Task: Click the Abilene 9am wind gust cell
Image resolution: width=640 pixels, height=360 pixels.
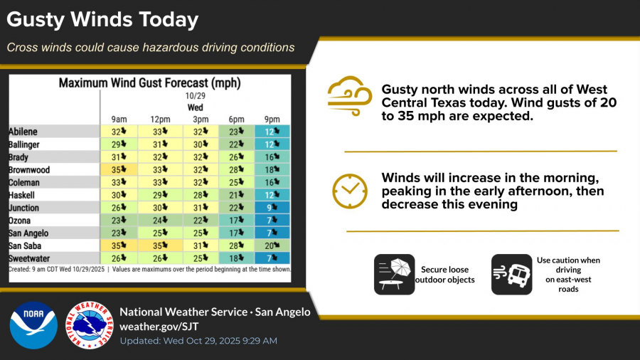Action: [118, 132]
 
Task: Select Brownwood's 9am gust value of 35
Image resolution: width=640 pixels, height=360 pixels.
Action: [118, 170]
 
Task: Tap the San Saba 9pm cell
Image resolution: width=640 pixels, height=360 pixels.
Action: [272, 245]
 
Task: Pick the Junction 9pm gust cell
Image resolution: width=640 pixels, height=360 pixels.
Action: [272, 208]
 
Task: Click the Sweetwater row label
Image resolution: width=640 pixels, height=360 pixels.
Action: [29, 258]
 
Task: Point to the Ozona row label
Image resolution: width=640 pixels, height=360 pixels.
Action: [21, 221]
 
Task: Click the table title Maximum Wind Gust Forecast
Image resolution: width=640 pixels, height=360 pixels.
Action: [149, 83]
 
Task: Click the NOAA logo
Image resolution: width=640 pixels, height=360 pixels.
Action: [33, 324]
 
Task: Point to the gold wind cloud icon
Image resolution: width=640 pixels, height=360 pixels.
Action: [350, 96]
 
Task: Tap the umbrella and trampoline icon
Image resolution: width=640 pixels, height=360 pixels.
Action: [394, 275]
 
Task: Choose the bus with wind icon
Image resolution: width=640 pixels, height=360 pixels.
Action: [511, 275]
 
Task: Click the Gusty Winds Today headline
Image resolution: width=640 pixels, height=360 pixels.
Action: [102, 20]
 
